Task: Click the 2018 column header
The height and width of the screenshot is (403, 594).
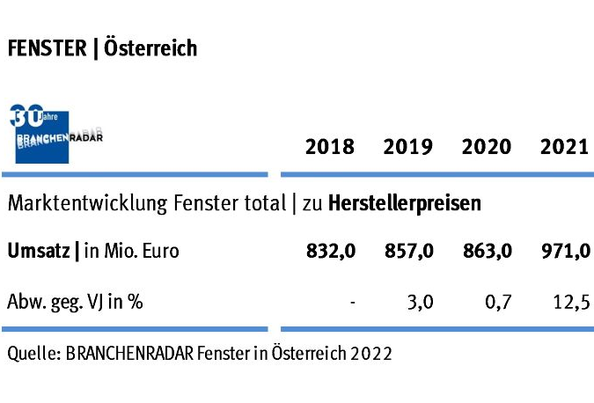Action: [x=329, y=146]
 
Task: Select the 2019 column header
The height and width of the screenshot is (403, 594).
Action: [x=407, y=146]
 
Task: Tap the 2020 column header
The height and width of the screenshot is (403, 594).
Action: [x=486, y=146]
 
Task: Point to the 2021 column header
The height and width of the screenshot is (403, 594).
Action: [x=564, y=146]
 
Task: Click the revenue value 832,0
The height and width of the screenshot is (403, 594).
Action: [x=331, y=252]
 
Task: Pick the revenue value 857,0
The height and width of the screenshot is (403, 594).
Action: [x=409, y=252]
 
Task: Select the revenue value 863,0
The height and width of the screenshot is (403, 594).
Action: [x=488, y=252]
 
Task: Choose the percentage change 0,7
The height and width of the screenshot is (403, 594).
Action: [x=499, y=302]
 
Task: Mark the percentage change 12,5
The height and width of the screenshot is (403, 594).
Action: [x=571, y=302]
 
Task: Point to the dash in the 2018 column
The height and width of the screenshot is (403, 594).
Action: [x=352, y=303]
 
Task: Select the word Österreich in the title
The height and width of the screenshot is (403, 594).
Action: [x=150, y=48]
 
